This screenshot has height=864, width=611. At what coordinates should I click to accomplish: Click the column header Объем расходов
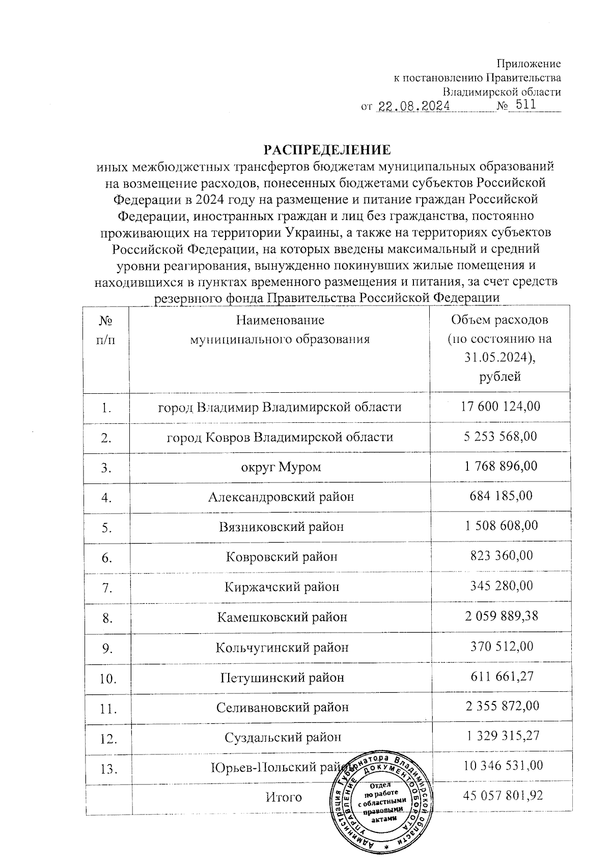click(499, 320)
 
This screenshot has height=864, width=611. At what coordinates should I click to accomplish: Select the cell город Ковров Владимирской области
click(280, 437)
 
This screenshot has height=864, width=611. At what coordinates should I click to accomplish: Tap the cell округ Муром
click(281, 467)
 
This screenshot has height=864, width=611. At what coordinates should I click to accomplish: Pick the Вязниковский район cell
click(282, 527)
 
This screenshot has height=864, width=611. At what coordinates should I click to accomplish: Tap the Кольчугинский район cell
click(282, 647)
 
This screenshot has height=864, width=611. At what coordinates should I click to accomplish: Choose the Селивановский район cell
click(282, 708)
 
